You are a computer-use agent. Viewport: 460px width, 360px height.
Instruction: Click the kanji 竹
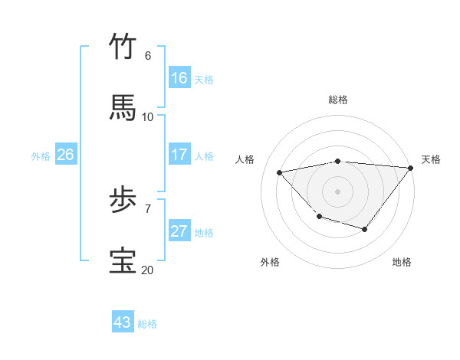coord(123,47)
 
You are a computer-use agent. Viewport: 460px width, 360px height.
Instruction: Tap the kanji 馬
coord(123,108)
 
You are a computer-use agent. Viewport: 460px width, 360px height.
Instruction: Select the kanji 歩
coord(123,201)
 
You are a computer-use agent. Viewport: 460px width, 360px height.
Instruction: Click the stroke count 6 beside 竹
coord(147,56)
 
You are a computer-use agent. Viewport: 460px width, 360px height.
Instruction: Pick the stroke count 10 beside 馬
coord(147,117)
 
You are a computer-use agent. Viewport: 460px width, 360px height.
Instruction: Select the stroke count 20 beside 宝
coord(147,270)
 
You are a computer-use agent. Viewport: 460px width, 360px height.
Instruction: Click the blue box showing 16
coord(179,78)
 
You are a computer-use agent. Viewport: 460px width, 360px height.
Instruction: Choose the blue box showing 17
coord(179,155)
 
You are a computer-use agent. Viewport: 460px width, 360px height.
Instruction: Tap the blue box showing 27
coord(179,231)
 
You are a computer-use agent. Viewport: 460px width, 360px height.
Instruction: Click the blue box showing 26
coord(65,155)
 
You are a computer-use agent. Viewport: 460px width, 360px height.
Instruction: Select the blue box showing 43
coord(123,322)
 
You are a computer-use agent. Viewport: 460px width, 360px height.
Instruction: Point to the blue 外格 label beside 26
coord(41,156)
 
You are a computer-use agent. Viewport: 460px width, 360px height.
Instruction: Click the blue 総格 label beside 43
coord(147,324)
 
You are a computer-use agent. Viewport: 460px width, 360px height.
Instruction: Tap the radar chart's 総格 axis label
coord(338,100)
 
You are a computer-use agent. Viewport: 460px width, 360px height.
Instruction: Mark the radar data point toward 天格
coord(412,168)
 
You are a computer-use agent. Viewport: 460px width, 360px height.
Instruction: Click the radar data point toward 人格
coord(280,172)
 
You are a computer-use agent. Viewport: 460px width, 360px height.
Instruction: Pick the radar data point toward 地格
coord(365,229)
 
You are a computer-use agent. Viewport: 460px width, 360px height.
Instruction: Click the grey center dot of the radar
coord(338,191)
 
